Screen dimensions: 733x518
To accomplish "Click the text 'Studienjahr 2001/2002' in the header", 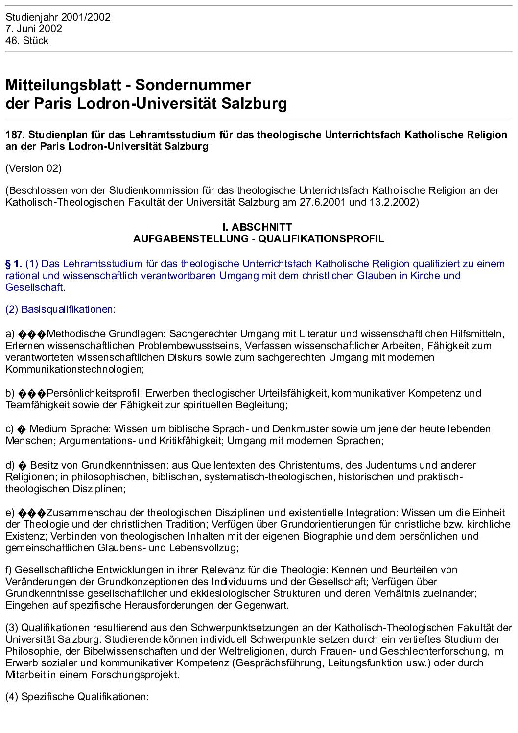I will click(x=58, y=17).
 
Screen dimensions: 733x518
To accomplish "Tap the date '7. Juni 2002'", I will click(x=34, y=29).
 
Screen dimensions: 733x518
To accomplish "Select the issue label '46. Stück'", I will click(x=27, y=41).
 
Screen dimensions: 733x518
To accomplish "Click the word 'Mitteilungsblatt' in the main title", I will click(x=63, y=85).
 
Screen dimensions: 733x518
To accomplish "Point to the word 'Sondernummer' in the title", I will click(x=193, y=85).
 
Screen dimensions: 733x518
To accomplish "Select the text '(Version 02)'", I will click(x=33, y=168).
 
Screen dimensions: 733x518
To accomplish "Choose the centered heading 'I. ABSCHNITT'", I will click(x=257, y=227).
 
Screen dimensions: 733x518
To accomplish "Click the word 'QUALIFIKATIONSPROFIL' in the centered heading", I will click(x=321, y=239).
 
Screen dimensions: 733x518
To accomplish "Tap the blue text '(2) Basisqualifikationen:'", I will click(x=60, y=309).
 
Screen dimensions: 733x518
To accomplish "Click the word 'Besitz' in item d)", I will click(x=45, y=465).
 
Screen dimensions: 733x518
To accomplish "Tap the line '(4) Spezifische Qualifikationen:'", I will click(x=77, y=697).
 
